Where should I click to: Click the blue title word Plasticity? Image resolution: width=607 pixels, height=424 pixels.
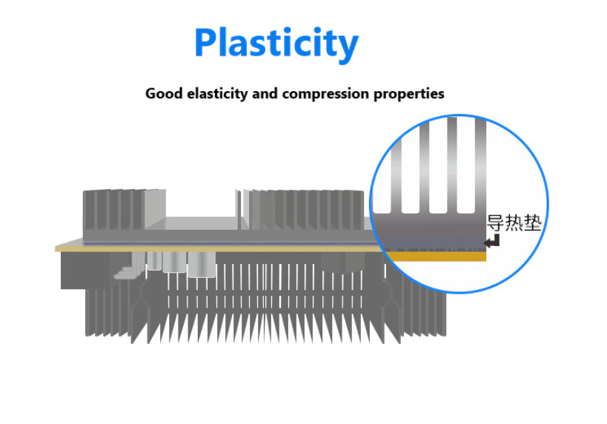[x=276, y=44]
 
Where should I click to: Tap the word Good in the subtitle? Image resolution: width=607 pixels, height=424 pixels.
[x=163, y=93]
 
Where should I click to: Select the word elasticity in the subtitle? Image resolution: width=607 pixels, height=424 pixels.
[x=217, y=94]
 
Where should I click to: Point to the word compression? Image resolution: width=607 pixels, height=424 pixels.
[x=325, y=94]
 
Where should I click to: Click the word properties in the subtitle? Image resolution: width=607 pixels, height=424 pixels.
[x=409, y=94]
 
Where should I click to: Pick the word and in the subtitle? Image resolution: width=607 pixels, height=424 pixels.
[x=265, y=93]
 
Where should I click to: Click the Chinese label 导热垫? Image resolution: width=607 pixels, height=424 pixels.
[x=514, y=222]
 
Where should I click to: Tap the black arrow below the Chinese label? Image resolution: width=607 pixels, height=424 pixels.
[x=492, y=242]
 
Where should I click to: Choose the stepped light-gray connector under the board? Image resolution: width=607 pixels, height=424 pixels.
[x=128, y=268]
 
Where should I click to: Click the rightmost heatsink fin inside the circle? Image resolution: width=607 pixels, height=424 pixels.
[x=480, y=166]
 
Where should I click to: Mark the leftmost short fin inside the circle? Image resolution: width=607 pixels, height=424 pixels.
[x=396, y=174]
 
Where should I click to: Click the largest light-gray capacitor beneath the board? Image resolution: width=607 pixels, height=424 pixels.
[x=202, y=265]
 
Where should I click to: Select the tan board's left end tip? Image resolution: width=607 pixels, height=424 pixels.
[x=56, y=248]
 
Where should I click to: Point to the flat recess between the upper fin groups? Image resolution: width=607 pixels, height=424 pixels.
[x=202, y=223]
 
